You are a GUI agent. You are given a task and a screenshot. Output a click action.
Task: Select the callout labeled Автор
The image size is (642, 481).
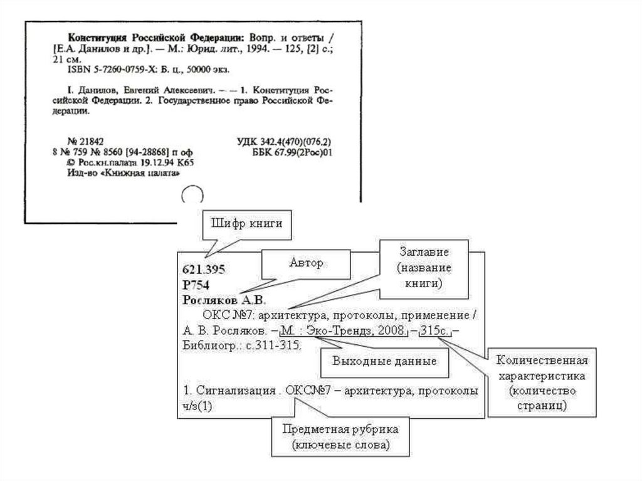click(306, 263)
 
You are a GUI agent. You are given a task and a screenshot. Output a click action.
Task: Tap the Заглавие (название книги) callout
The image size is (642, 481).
click(423, 268)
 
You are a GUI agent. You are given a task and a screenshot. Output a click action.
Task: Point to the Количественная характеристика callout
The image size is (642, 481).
click(542, 383)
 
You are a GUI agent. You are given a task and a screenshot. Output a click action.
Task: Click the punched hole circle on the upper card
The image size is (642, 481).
click(192, 194)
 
